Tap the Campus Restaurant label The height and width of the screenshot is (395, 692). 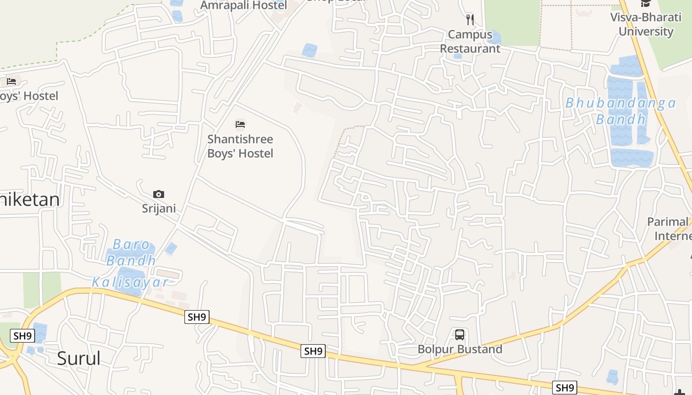tap(470, 41)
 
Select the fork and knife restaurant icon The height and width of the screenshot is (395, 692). tap(470, 20)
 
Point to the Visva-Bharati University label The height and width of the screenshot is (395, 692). tap(646, 25)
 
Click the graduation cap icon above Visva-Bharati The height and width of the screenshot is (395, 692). tap(646, 4)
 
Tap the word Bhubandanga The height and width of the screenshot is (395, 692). tap(620, 103)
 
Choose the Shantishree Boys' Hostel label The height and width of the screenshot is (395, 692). tap(240, 146)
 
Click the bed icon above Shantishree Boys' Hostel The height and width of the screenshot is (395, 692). tap(240, 124)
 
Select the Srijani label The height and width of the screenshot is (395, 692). tap(159, 208)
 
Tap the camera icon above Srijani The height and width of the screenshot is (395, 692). tap(159, 194)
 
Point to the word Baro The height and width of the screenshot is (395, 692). tap(131, 244)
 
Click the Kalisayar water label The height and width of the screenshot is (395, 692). tap(130, 282)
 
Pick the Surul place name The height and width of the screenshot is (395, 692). tap(79, 358)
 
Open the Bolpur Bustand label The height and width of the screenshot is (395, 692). tap(460, 349)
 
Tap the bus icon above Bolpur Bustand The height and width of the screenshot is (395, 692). tap(460, 335)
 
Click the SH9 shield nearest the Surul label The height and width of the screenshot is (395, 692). tap(23, 336)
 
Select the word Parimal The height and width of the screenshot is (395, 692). tap(667, 222)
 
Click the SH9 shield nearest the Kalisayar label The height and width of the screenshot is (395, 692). tap(197, 317)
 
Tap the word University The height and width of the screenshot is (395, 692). tap(646, 32)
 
